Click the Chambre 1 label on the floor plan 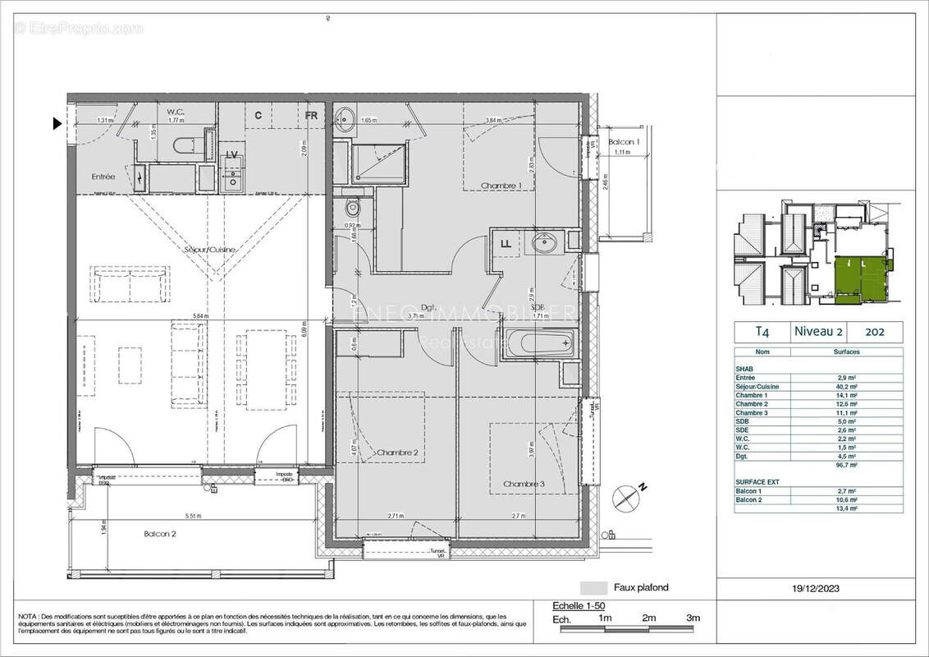[501, 185]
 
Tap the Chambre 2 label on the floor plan [398, 453]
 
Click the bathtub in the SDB [538, 342]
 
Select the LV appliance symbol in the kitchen [232, 155]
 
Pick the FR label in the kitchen [311, 116]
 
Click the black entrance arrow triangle [57, 124]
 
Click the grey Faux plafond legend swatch [592, 588]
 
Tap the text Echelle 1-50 [579, 605]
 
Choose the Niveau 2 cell [817, 332]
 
